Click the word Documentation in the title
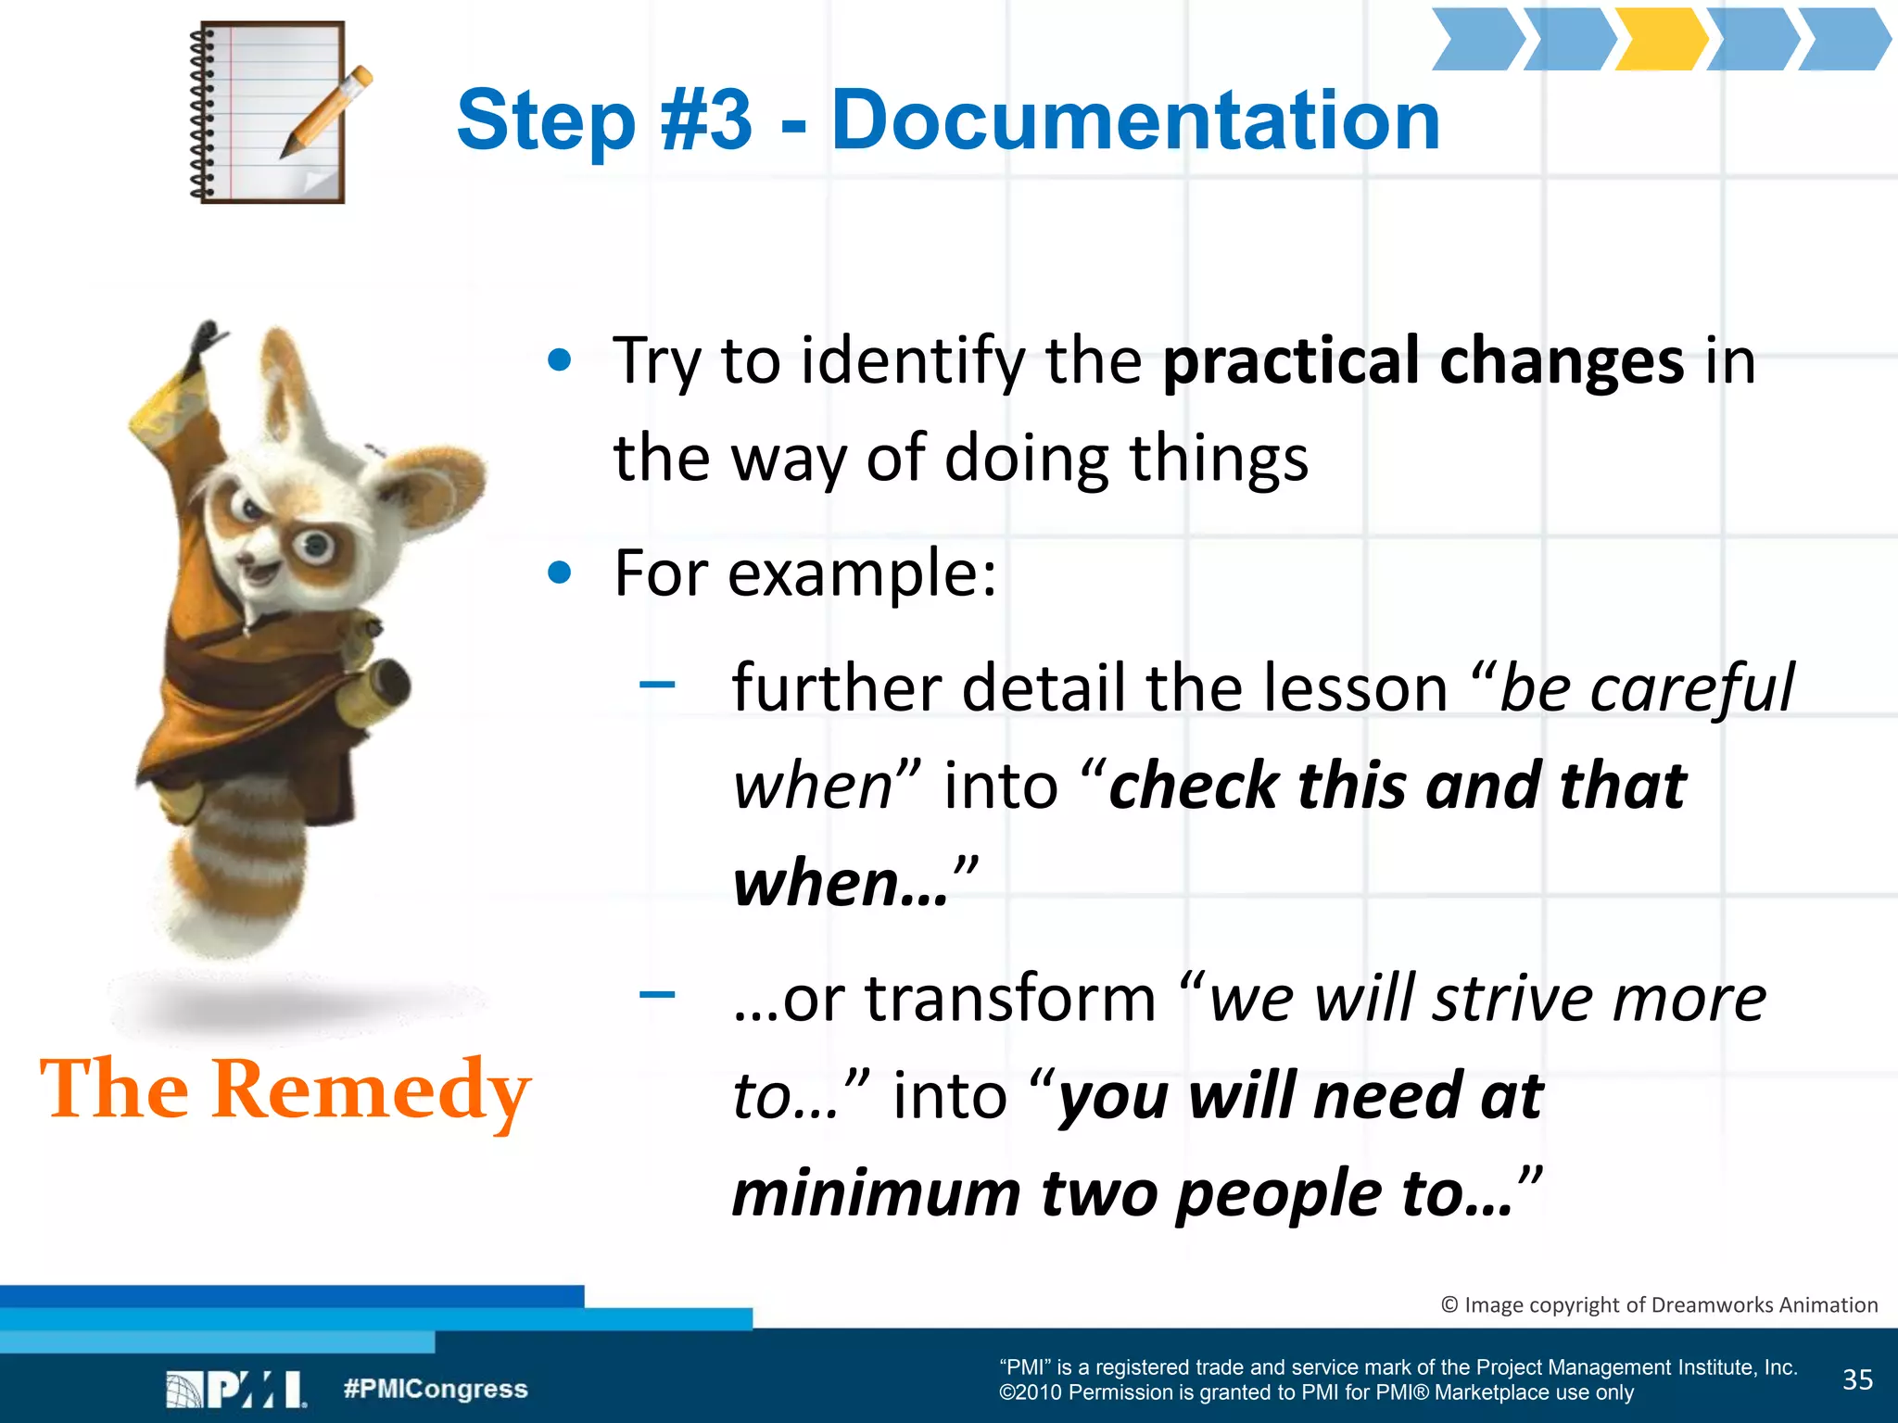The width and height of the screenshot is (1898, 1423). pos(1135,120)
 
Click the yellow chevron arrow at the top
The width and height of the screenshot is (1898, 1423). pos(1659,39)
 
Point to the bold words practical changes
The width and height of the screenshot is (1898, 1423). pos(1423,361)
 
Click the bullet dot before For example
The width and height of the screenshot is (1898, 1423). pos(560,573)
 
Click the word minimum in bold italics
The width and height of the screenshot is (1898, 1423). pos(876,1193)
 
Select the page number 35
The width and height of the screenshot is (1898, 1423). pos(1857,1380)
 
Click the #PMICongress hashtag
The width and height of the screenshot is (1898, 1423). pos(435,1389)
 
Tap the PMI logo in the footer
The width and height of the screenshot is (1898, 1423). pos(236,1390)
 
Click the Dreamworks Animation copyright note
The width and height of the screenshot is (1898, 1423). pos(1659,1304)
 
